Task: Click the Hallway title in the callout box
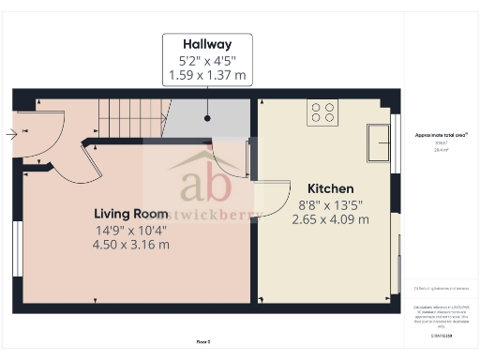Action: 207,44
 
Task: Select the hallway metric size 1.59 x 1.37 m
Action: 207,74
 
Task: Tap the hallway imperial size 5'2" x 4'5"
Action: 207,59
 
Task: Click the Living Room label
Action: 130,213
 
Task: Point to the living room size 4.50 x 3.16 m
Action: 130,245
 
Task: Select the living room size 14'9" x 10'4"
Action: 130,229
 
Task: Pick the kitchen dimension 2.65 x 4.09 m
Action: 330,219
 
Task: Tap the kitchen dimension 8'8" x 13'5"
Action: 330,203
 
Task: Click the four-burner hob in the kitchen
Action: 322,113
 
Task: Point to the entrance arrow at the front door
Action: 10,134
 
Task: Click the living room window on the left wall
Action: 17,248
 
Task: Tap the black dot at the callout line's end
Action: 207,119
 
